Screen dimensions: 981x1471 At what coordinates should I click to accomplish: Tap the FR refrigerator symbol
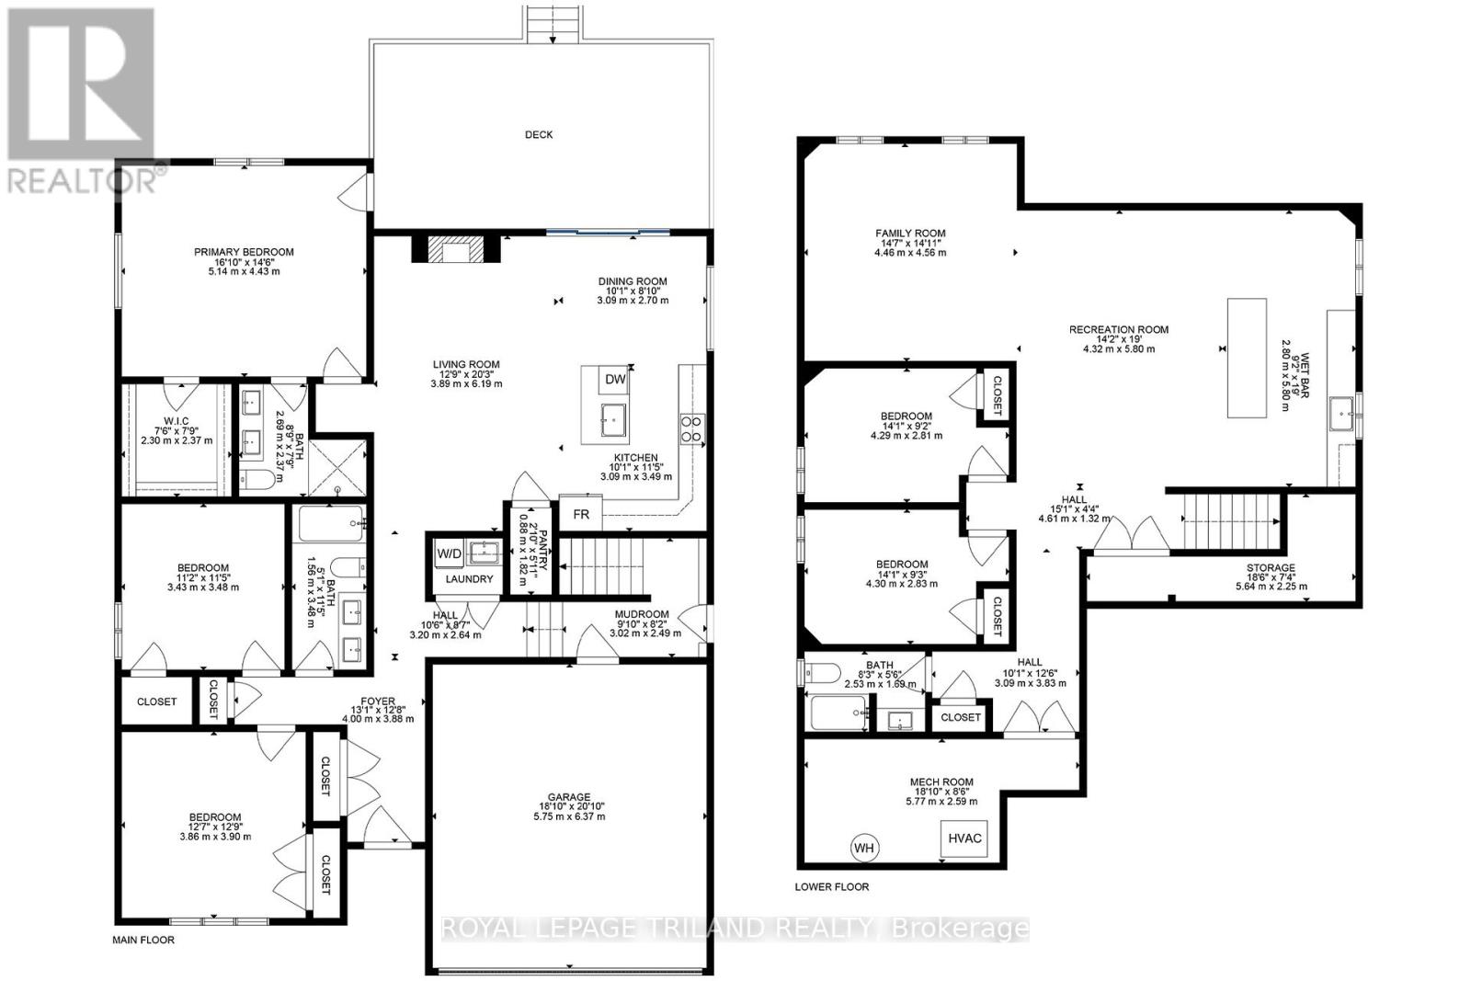coord(581,514)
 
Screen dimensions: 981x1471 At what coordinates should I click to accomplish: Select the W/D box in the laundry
coord(450,553)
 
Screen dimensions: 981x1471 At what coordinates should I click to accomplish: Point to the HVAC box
coord(965,838)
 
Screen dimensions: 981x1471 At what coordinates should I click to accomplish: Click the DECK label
coord(539,134)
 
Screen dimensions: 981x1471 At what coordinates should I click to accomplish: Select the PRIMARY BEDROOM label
coord(244,252)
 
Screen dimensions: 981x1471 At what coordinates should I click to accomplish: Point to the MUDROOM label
coord(642,614)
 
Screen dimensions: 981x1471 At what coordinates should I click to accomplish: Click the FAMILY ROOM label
coord(910,234)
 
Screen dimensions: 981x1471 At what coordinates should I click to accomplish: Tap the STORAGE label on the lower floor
coord(1271,568)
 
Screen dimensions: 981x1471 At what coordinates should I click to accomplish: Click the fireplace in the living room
coord(452,249)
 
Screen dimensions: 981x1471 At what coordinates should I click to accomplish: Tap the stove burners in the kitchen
coord(690,428)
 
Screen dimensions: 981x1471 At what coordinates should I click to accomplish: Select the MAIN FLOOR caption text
coord(143,940)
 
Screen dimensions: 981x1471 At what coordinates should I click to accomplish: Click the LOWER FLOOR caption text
coord(831,887)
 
